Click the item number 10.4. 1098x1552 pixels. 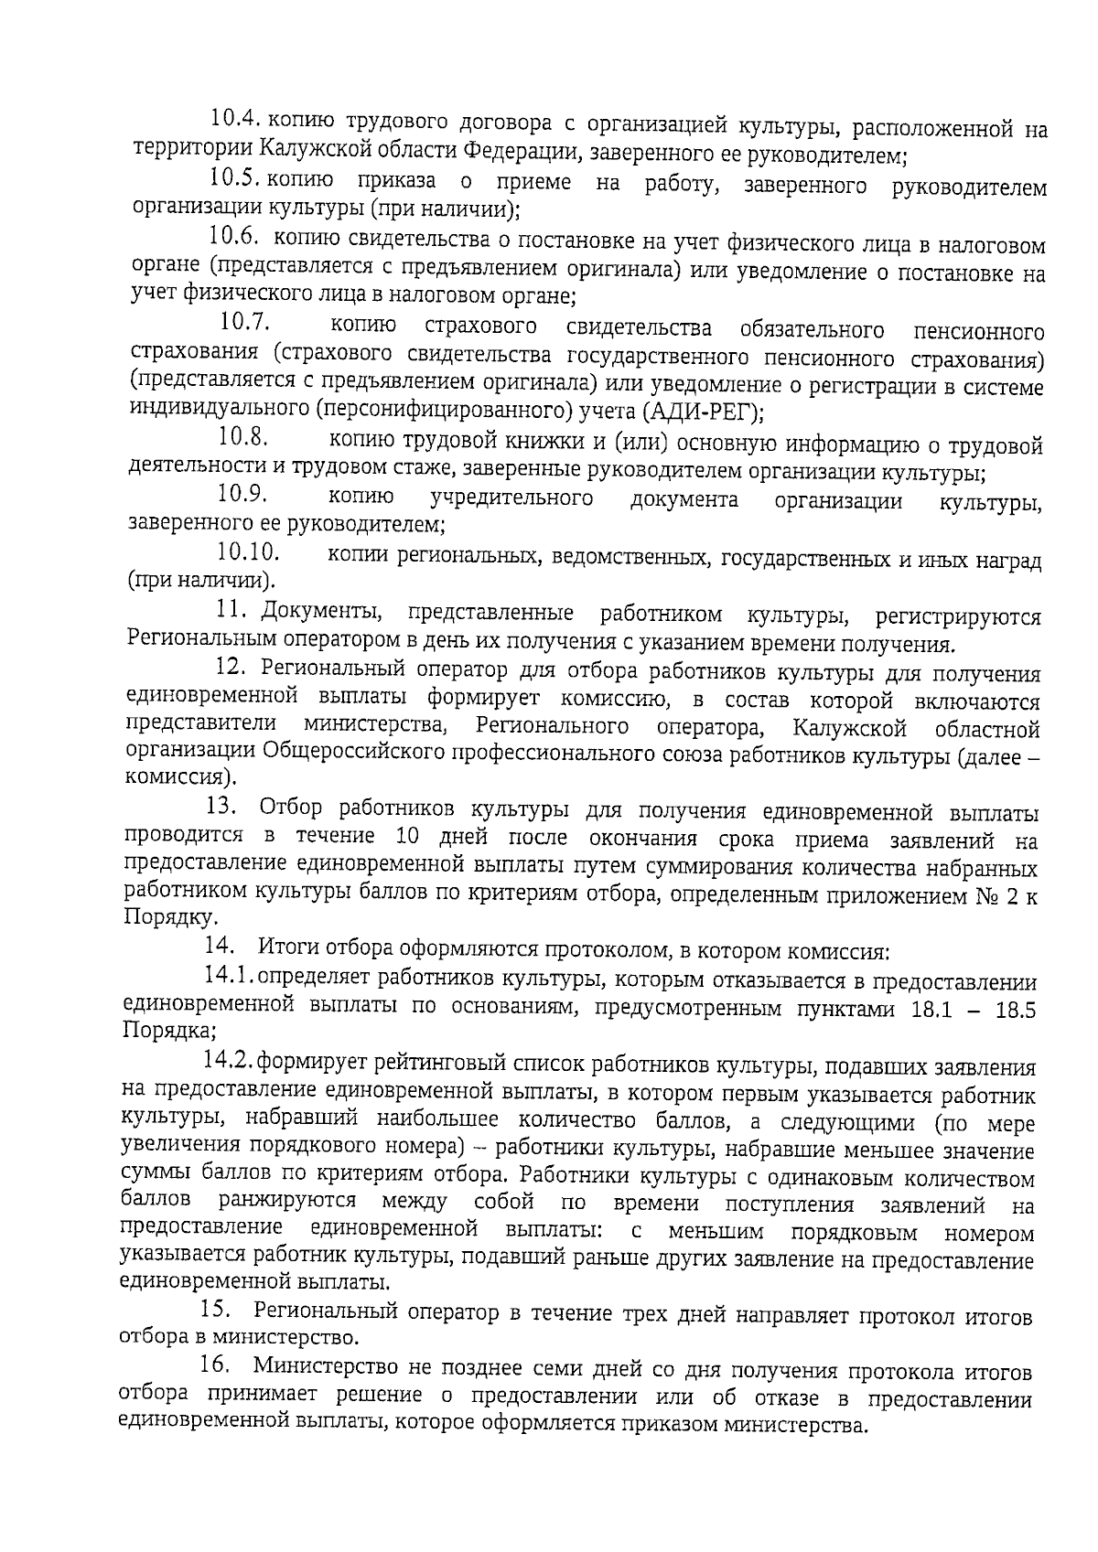point(236,122)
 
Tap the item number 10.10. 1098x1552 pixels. point(248,553)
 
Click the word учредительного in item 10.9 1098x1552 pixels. point(511,499)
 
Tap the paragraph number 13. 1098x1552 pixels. point(222,808)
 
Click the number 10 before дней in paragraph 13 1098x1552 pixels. point(409,838)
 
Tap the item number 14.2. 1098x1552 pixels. point(228,1063)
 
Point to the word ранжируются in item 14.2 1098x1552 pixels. point(287,1201)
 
